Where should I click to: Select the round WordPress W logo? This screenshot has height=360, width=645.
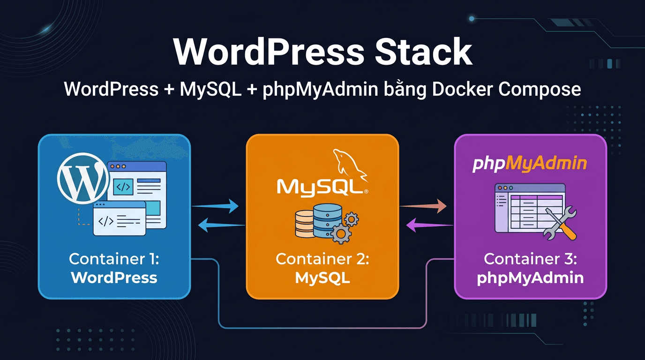tap(82, 179)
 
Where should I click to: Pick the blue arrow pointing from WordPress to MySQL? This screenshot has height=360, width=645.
tap(216, 205)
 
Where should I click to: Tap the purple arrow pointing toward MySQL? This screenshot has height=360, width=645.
tap(429, 225)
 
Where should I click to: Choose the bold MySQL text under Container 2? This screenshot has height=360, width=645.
tap(322, 277)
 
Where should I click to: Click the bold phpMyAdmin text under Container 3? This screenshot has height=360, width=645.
tap(530, 277)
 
